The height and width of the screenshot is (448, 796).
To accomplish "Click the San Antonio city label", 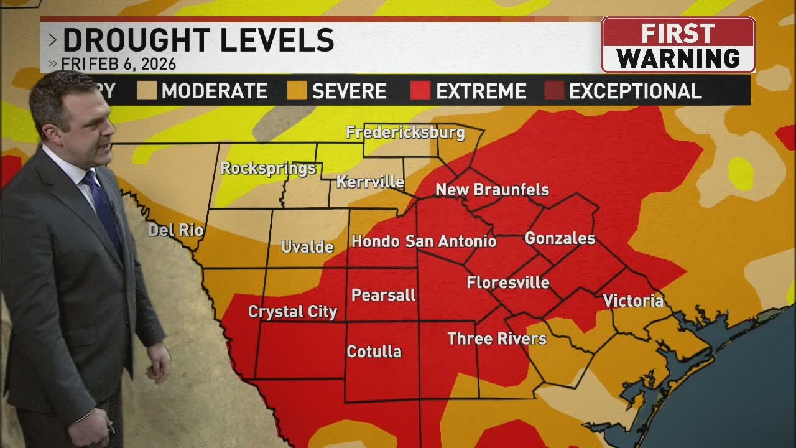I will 451,241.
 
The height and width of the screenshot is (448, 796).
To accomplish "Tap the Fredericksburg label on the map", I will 405,133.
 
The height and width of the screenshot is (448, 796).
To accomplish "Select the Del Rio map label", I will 176,230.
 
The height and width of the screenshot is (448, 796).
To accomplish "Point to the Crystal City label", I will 292,312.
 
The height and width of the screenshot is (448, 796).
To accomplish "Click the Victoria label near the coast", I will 633,301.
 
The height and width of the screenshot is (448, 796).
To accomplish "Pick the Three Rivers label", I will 497,339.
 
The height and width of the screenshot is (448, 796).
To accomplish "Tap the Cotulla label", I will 374,352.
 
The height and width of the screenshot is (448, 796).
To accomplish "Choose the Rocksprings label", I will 268,169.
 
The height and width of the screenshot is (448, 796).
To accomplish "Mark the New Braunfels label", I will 492,190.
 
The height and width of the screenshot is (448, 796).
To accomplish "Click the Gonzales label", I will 560,238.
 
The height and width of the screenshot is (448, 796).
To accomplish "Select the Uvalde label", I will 307,247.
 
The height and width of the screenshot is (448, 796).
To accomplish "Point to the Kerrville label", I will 370,182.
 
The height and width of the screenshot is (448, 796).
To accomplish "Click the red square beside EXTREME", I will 420,91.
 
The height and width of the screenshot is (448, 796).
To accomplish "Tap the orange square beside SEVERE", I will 297,91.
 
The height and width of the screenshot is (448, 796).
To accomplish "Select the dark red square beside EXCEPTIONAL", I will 554,91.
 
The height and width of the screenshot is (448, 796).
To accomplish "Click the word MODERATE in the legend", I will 214,91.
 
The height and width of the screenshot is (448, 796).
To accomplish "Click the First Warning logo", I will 678,45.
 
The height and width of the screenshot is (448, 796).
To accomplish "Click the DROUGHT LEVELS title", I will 198,41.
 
